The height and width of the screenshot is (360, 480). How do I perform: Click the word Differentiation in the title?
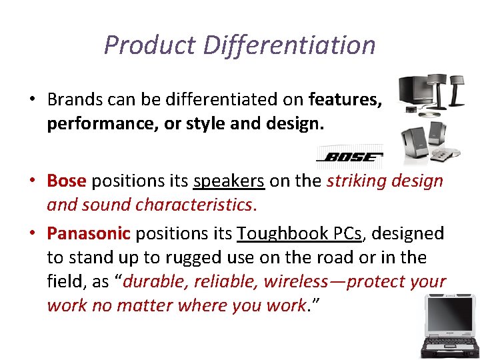click(289, 45)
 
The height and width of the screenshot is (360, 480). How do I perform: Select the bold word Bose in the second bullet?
click(67, 181)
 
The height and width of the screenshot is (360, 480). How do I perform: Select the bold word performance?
click(93, 124)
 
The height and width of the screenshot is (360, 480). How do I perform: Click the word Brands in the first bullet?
click(71, 100)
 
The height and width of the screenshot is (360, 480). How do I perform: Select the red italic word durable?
click(154, 281)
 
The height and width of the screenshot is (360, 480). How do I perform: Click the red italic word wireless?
click(299, 281)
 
